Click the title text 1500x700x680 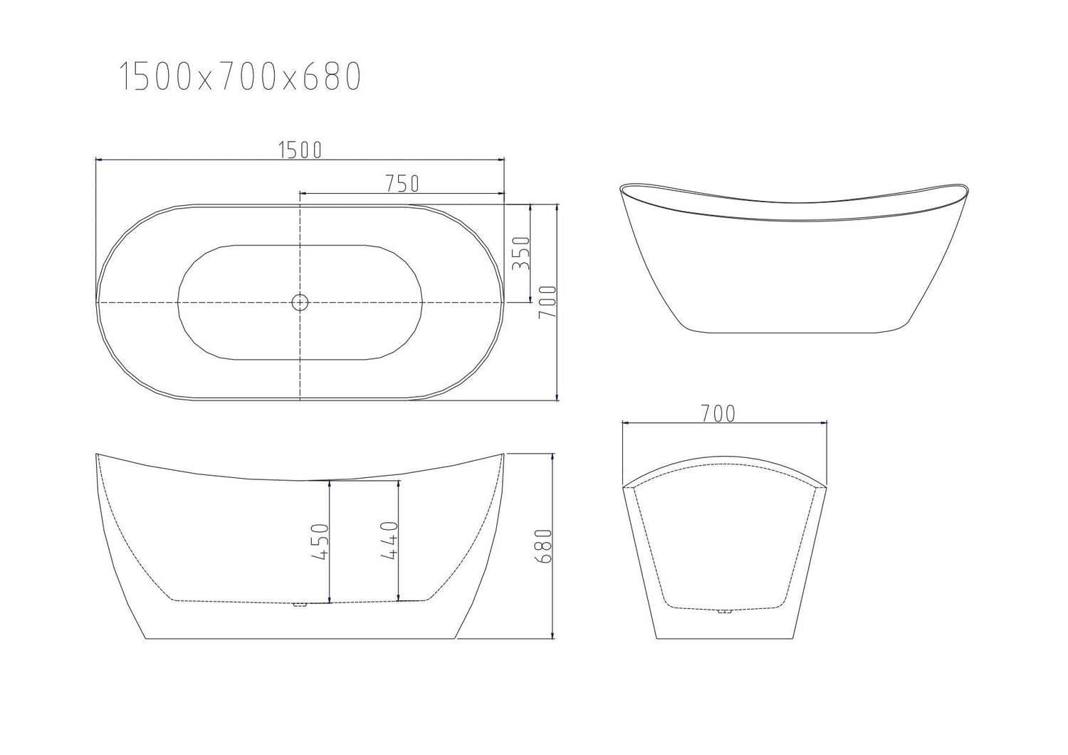coord(240,77)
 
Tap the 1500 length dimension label coord(300,150)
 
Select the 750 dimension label coord(401,184)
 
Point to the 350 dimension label coord(521,253)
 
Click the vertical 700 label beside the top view coord(548,302)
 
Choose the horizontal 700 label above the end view coord(717,413)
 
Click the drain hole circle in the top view coord(300,302)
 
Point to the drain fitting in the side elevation coord(300,605)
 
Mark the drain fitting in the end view coord(725,611)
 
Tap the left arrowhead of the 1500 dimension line coord(99,160)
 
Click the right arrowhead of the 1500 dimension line coord(501,160)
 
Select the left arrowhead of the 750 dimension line coord(303,193)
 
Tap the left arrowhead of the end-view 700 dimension coord(626,422)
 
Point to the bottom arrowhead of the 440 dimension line coord(398,597)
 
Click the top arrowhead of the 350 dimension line coord(530,207)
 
